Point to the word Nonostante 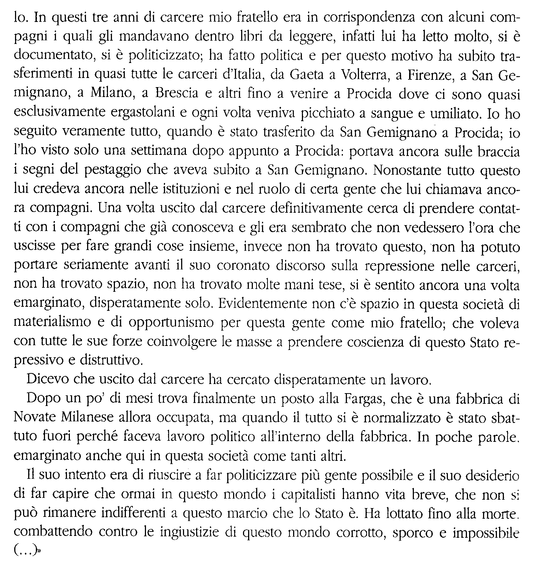coord(407,170)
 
